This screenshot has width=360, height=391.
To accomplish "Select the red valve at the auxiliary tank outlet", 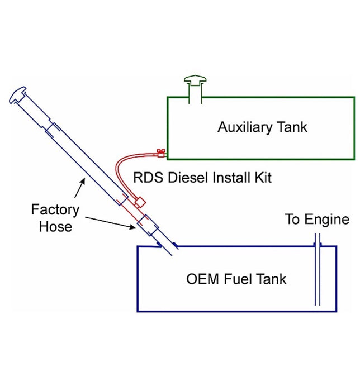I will point(160,151).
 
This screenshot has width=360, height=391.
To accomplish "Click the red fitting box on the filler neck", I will point(140,201).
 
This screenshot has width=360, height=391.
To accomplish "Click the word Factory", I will point(55,211).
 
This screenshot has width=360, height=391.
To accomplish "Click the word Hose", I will point(55,226).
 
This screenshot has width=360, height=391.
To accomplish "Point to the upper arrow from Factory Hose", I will point(80,188).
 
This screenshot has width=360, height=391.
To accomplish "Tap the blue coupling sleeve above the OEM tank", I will point(148,226).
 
